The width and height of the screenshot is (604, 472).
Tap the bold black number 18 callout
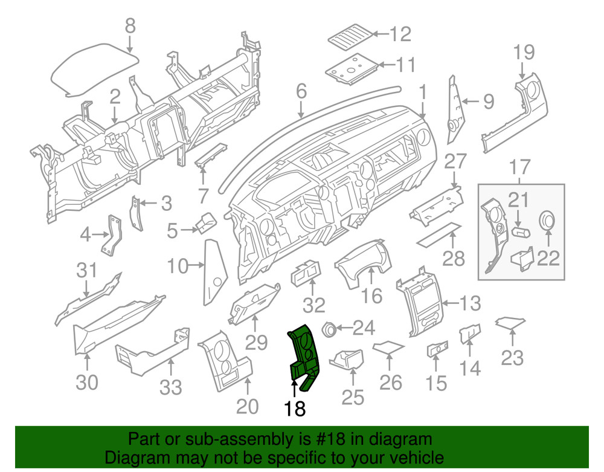click(x=295, y=409)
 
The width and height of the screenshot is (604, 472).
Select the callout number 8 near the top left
click(x=130, y=26)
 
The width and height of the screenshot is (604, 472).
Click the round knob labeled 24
click(x=329, y=329)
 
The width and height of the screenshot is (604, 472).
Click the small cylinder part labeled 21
click(x=520, y=232)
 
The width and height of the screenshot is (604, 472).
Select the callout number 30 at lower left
click(x=86, y=382)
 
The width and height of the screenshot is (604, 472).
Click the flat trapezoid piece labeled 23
click(x=509, y=323)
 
